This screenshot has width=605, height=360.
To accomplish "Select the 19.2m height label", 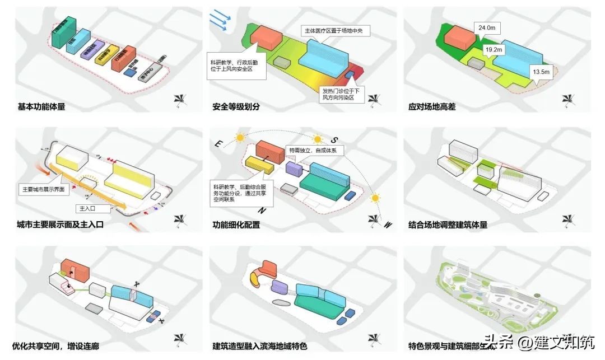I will tap(494, 50).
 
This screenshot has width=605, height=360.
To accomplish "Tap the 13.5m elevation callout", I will tap(541, 72).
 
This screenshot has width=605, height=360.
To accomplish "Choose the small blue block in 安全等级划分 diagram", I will tap(350, 75).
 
